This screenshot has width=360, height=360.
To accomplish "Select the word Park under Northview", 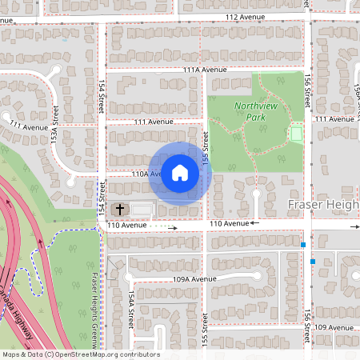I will point(255,117).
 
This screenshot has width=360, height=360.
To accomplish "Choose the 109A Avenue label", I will point(195,278).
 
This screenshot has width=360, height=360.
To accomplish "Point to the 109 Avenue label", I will point(333,328).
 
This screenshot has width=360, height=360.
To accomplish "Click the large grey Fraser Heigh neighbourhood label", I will point(322,206).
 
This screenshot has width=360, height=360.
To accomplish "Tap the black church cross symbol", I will point(119,210).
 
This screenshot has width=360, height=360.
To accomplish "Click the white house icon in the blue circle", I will point(180,173).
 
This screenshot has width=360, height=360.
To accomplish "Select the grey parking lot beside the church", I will point(141,210).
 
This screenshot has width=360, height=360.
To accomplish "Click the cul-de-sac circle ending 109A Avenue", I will point(128,278).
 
